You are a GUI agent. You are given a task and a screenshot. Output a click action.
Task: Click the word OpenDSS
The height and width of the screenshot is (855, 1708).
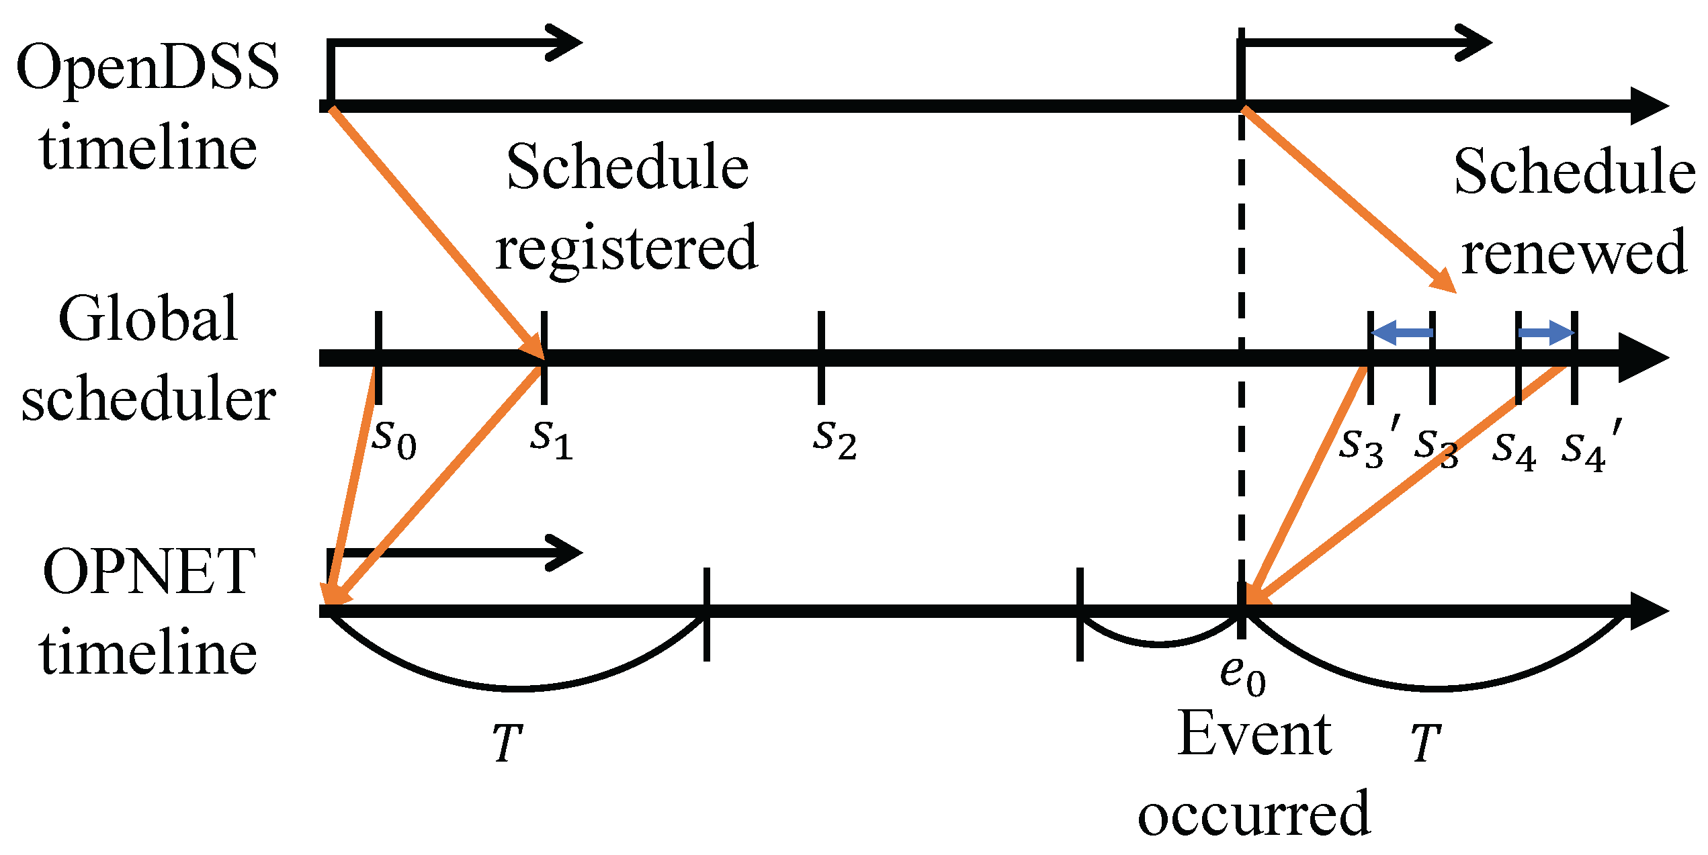tap(147, 67)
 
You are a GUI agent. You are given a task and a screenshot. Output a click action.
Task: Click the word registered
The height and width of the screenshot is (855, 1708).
tap(626, 247)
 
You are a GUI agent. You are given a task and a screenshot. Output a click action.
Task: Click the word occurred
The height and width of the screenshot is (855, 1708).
tap(1254, 813)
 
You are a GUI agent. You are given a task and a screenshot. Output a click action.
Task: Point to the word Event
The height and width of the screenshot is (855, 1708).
tap(1254, 734)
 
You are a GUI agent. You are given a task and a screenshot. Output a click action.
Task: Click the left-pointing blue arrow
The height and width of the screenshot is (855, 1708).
tap(1402, 332)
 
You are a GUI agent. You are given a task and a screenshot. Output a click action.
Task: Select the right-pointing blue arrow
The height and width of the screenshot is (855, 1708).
tap(1546, 332)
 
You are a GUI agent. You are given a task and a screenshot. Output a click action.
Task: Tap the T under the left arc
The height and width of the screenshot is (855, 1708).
tap(507, 743)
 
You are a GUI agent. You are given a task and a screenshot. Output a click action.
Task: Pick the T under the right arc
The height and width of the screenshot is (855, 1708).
tap(1424, 743)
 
